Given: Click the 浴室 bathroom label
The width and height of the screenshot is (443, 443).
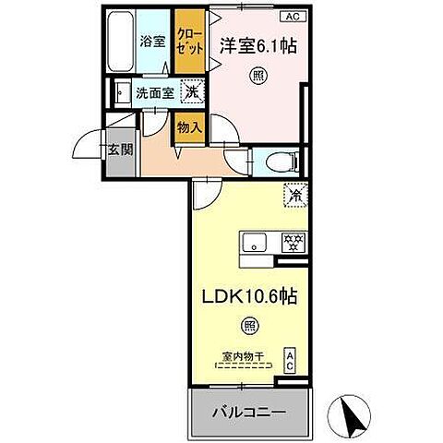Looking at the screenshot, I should [x=152, y=41].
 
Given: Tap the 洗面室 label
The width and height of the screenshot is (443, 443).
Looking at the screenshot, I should [x=153, y=92].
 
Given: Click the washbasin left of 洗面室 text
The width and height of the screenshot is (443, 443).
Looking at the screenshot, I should [x=120, y=92].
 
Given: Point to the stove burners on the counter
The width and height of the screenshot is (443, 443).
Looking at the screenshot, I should [x=293, y=242].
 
